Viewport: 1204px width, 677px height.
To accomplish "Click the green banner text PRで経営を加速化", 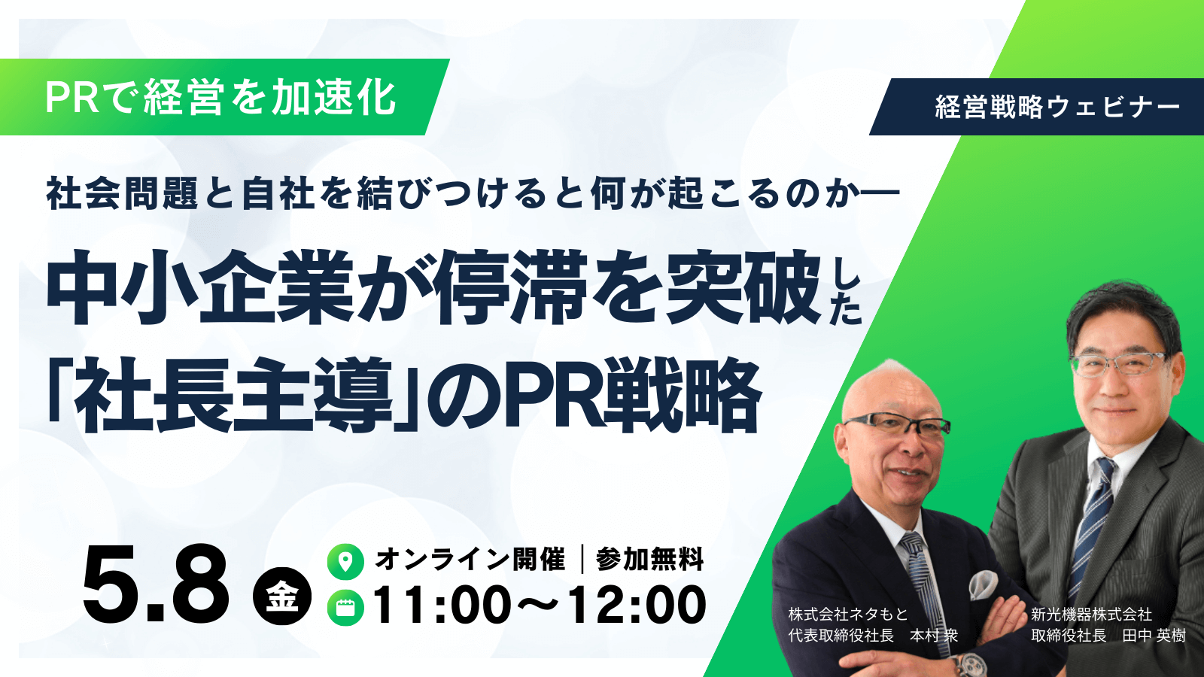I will [x=220, y=98].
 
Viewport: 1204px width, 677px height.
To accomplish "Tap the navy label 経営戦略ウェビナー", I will [x=1057, y=107].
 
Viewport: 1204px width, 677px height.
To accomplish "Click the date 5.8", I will [x=156, y=584].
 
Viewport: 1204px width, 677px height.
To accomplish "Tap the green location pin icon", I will [x=345, y=561].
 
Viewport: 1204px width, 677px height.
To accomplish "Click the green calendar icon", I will [x=345, y=608].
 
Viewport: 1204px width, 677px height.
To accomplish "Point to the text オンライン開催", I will [x=470, y=560].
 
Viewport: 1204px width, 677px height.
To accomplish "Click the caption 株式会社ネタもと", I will [x=848, y=615].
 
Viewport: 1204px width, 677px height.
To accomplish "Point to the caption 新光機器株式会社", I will [x=1091, y=615].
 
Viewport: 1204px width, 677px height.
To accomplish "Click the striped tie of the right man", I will [x=1090, y=519].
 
